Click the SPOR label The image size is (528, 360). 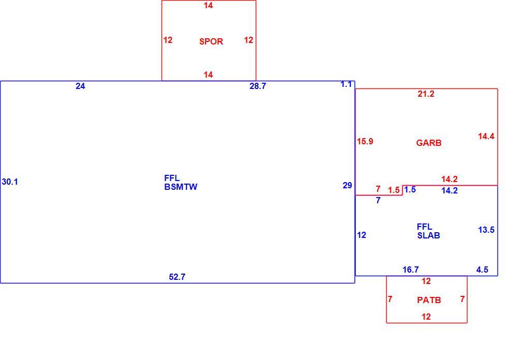point(211,41)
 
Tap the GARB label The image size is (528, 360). point(429,143)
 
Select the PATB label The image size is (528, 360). point(429,300)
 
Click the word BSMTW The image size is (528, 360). point(181,187)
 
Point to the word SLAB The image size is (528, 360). point(429,235)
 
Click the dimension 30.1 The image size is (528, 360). point(10,182)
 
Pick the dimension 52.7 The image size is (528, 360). point(177,277)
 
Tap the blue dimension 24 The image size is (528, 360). point(80,86)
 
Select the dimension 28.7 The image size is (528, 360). point(258,86)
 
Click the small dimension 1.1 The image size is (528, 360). point(346,84)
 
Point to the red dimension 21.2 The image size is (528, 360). point(426,94)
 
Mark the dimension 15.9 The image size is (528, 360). point(365,141)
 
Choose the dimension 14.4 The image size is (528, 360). point(486,136)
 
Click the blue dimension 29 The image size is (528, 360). point(347,185)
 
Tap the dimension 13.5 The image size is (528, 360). point(486,230)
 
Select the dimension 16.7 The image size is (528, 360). point(411,269)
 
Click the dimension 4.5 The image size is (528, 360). point(482,269)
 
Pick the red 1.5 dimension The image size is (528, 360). point(393,190)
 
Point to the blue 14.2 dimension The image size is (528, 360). point(449,190)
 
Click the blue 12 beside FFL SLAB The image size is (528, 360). point(361,235)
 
